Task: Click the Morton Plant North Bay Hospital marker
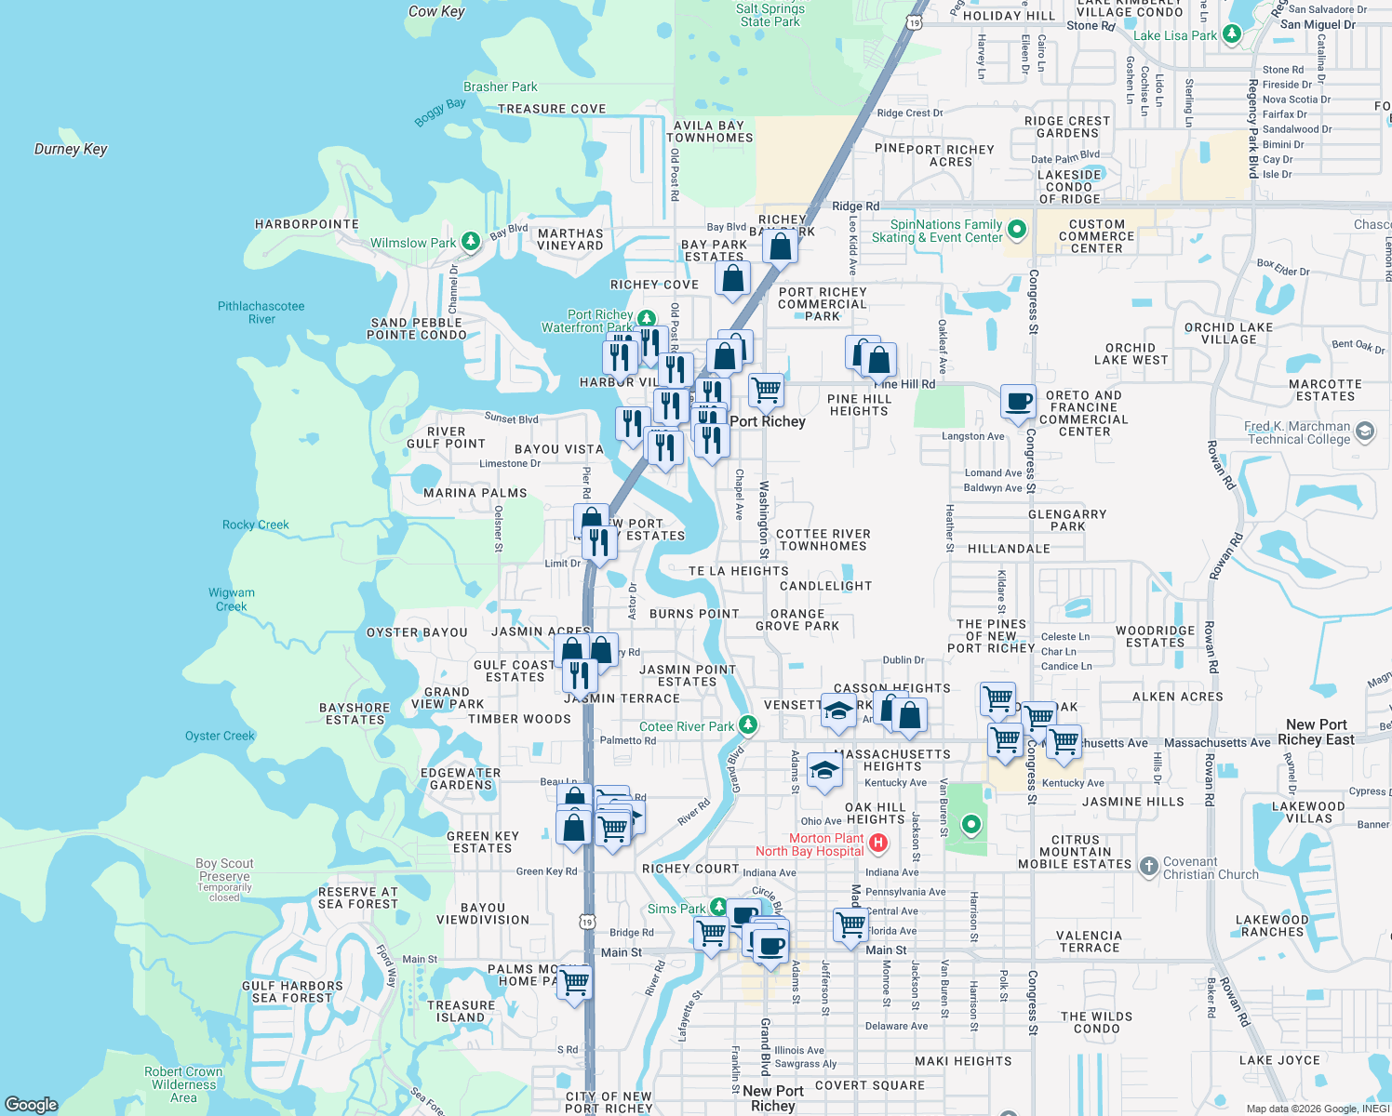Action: point(877,844)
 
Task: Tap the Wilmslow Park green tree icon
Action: point(471,243)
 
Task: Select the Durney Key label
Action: point(71,149)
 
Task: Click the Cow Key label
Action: point(436,11)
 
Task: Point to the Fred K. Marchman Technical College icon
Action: point(1365,432)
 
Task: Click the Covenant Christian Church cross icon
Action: point(1148,867)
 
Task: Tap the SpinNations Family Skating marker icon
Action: point(1017,229)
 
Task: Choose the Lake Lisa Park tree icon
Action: point(1232,34)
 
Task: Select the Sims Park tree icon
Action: point(718,907)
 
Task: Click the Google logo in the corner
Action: point(32,1104)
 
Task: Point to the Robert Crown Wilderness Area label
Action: point(183,1084)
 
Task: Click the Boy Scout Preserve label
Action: point(224,870)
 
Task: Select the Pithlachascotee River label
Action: point(261,312)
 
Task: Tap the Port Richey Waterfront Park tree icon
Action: point(646,318)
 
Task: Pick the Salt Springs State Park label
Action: point(770,15)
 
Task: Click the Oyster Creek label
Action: point(220,736)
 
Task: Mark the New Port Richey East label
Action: point(1316,732)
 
